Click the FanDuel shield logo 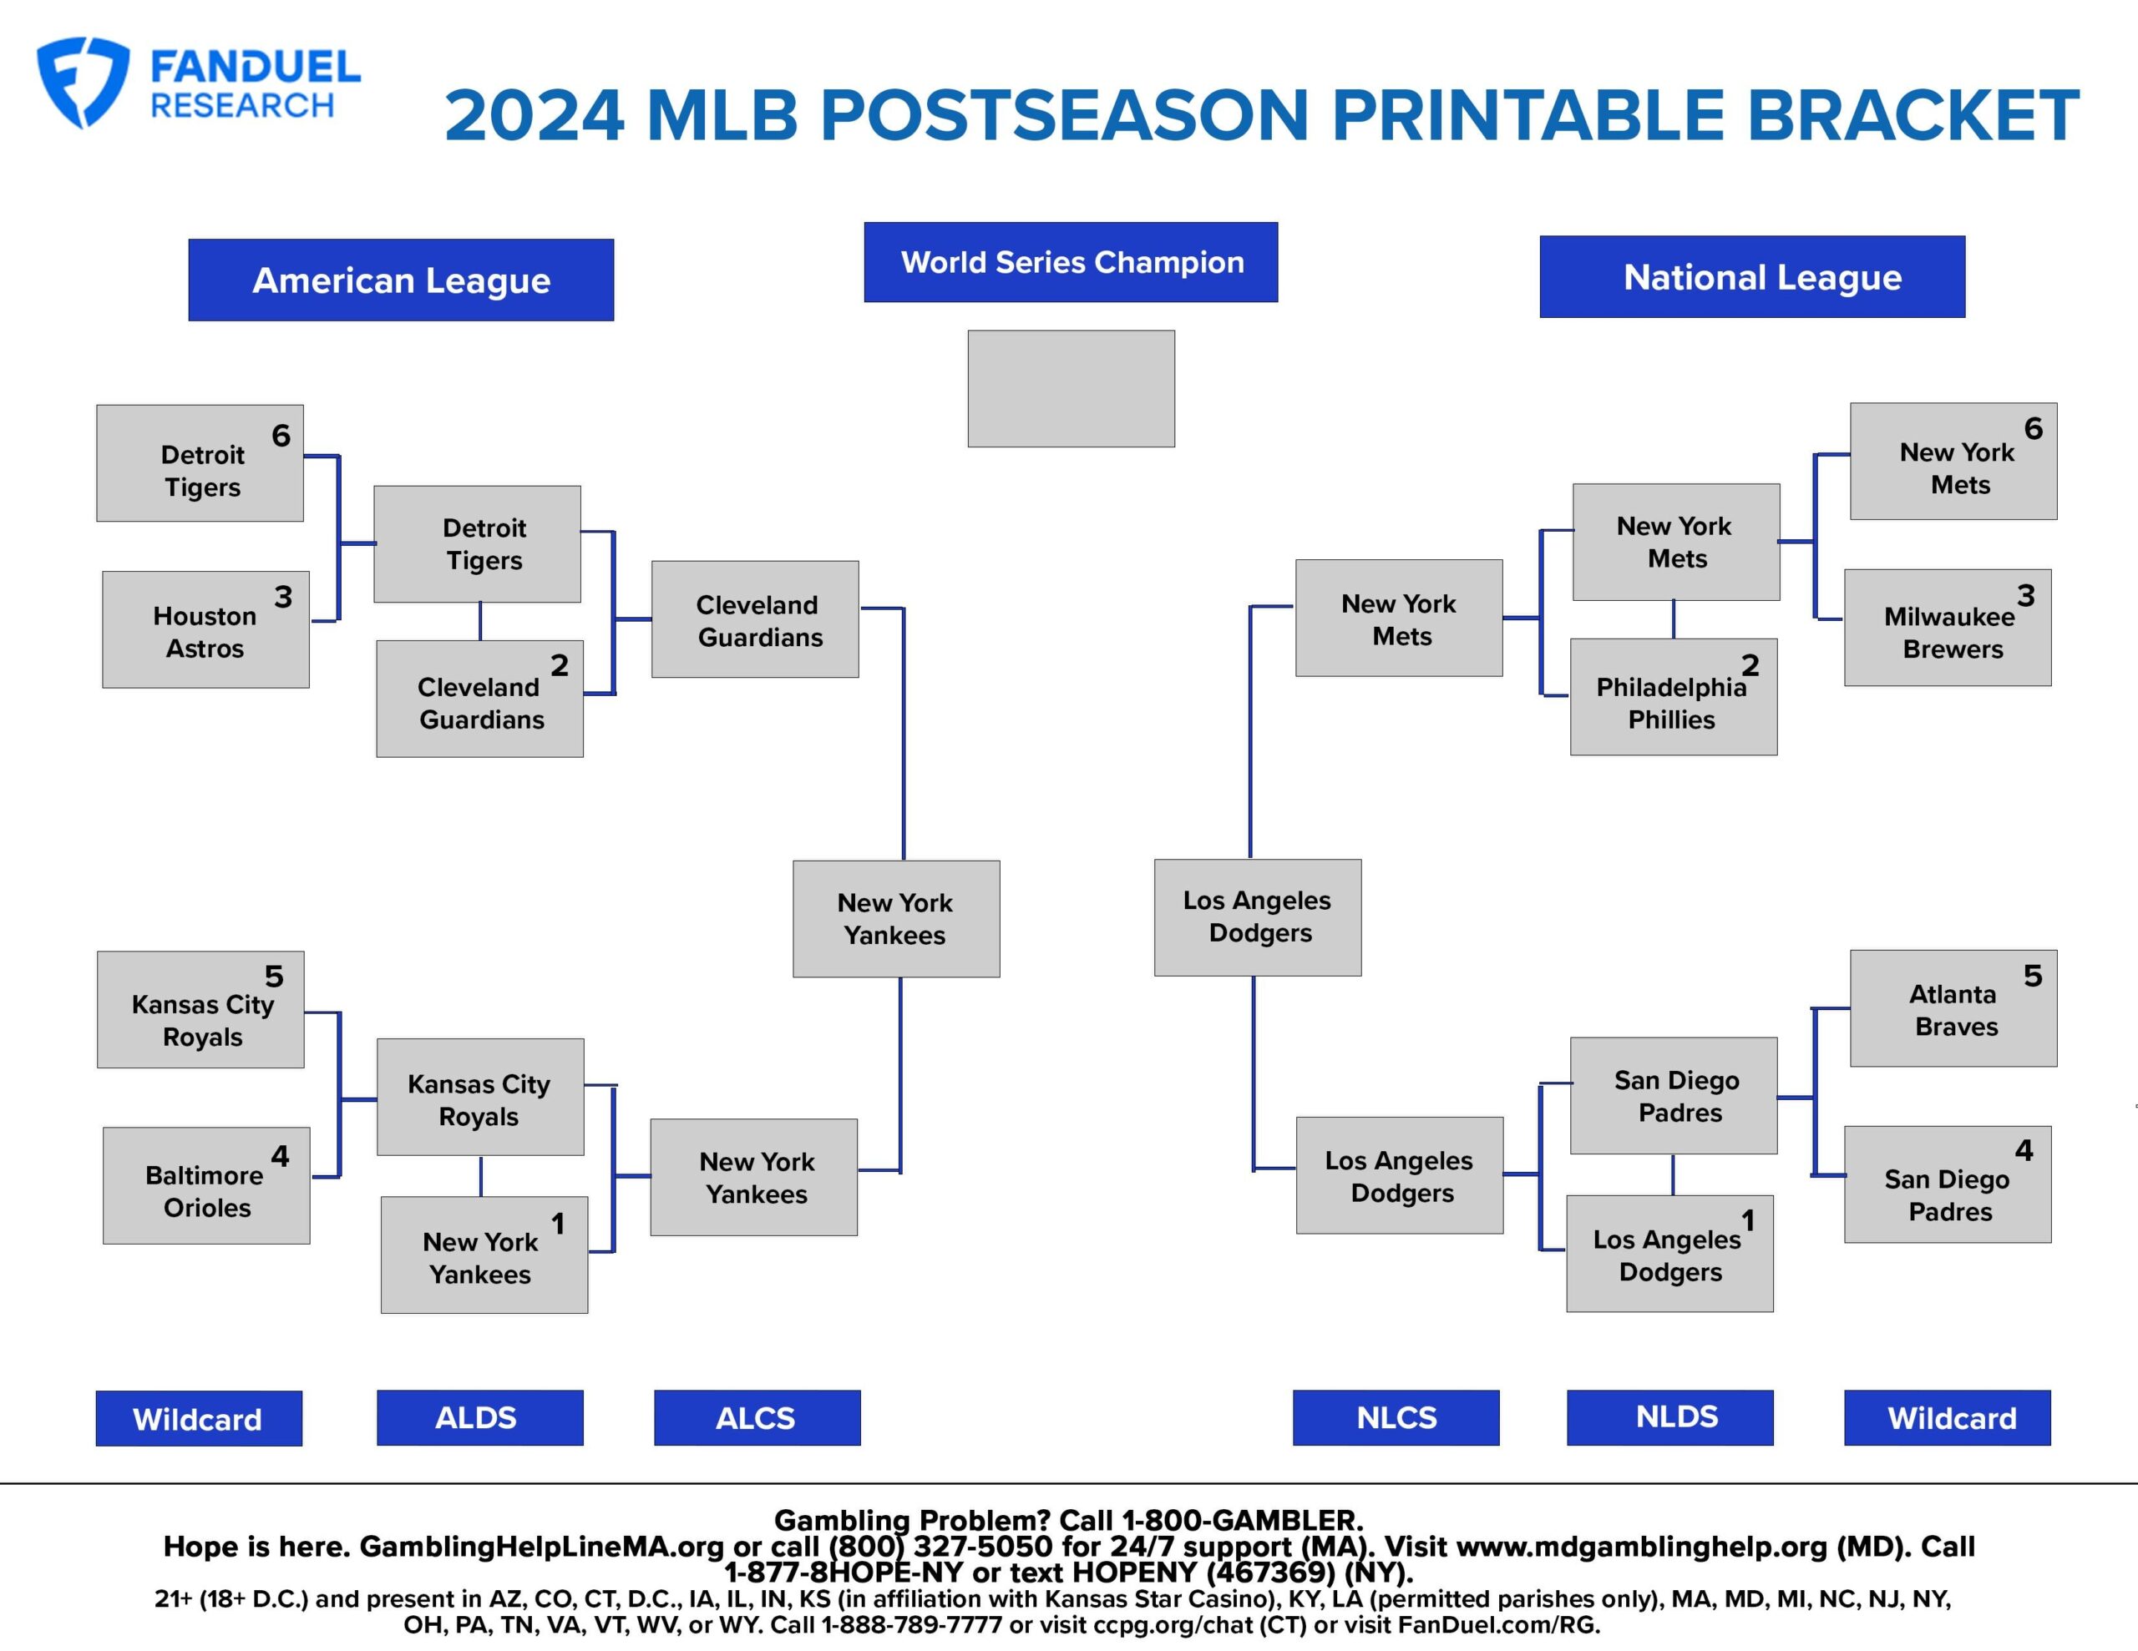82,82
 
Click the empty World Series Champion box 1071,388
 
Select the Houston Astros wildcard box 205,629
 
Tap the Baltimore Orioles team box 206,1185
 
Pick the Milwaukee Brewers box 1948,628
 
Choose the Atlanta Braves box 1953,1008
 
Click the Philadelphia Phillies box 1674,697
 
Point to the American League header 402,280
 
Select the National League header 1752,277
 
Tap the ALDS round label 479,1417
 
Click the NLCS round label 1396,1417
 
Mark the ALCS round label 757,1417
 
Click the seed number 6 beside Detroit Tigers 281,436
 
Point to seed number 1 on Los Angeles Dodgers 1747,1220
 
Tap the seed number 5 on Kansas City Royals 274,976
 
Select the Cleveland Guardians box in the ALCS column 756,619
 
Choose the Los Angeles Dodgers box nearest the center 1258,918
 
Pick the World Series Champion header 1071,262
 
